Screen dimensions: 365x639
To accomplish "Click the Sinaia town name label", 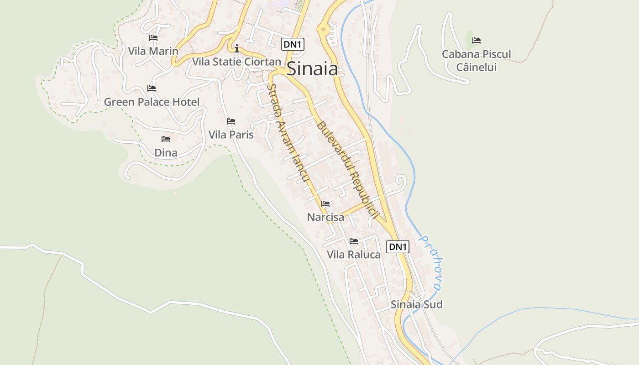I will [x=312, y=69].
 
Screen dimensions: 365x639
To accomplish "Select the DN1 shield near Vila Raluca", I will [x=398, y=247].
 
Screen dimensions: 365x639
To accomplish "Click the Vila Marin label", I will [x=153, y=51].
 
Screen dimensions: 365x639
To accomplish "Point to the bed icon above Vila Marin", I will [x=153, y=38].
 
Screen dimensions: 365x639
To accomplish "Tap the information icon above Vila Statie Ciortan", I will [x=236, y=48].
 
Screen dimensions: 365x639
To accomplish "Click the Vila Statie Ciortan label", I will [x=236, y=62].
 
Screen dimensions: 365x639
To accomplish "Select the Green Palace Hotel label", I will [x=152, y=102].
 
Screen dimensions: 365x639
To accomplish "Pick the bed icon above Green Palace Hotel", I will [x=152, y=89].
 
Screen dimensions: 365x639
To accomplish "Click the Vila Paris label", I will [x=231, y=135].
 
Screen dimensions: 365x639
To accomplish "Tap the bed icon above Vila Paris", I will [x=231, y=121].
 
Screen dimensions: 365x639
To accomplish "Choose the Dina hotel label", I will [x=166, y=152].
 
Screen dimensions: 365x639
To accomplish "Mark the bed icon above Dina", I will [x=166, y=139].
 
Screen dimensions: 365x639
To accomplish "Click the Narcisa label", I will [x=325, y=217].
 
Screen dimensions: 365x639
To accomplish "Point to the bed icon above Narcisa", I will [x=325, y=204].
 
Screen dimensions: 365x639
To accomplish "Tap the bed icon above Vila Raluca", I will [x=354, y=241].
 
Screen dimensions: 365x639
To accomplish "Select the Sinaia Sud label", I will [x=416, y=304].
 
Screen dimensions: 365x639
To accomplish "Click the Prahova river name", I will [x=430, y=263].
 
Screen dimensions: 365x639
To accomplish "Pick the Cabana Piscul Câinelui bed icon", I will [x=477, y=41].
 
